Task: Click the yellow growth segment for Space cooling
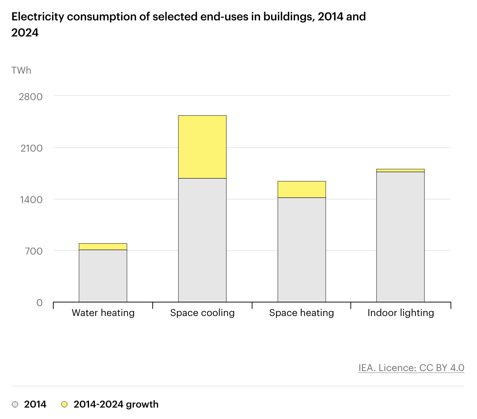point(202,147)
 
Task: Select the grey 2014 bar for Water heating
point(103,276)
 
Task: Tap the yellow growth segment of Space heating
point(301,189)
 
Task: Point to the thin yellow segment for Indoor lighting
point(400,171)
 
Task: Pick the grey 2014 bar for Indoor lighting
point(400,237)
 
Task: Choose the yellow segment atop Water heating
point(103,246)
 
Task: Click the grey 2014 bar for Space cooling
point(202,240)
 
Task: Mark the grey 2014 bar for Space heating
point(301,250)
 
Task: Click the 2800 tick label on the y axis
point(31,97)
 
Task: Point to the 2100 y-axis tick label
point(31,148)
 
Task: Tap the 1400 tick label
point(31,200)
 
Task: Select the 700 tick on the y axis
point(34,251)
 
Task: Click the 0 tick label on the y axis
point(40,303)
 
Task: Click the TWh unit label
point(21,70)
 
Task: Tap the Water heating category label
point(103,313)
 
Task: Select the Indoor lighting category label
point(401,313)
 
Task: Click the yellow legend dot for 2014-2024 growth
point(64,404)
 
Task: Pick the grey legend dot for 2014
point(15,404)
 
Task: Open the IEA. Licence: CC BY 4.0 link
point(411,368)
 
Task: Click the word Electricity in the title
point(38,17)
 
